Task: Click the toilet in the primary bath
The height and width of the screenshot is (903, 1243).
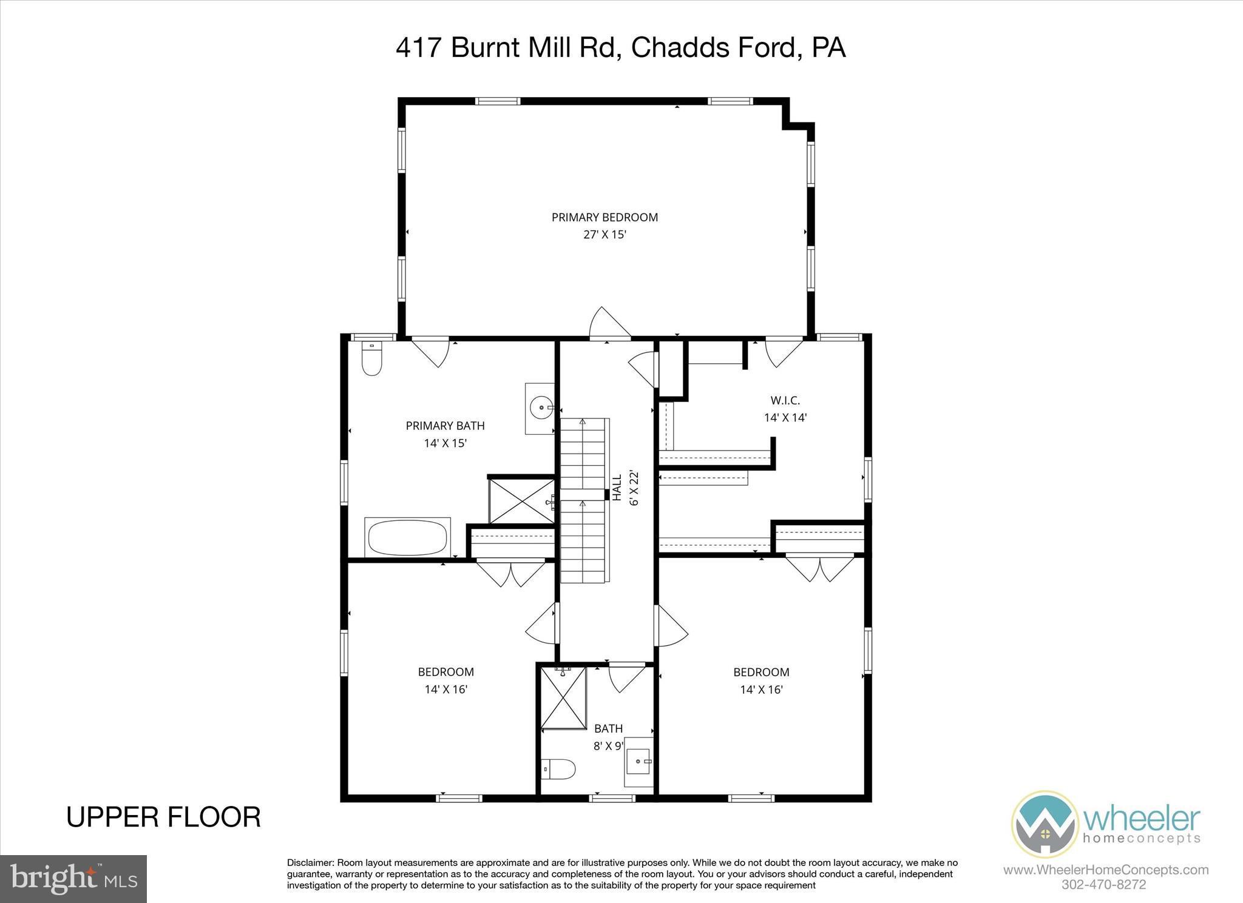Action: pyautogui.click(x=371, y=360)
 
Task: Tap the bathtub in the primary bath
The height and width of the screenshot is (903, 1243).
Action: pyautogui.click(x=407, y=537)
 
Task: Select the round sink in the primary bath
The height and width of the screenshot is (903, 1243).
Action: pyautogui.click(x=540, y=408)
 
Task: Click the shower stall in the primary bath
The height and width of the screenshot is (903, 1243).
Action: pyautogui.click(x=521, y=502)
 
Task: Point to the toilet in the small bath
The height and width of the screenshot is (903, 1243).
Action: pyautogui.click(x=558, y=770)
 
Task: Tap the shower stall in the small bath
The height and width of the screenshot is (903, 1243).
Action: pyautogui.click(x=563, y=697)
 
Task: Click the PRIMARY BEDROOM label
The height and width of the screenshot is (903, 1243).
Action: pyautogui.click(x=605, y=217)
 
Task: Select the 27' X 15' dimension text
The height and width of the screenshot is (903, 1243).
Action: pyautogui.click(x=605, y=235)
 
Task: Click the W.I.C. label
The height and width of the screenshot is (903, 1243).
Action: pyautogui.click(x=785, y=400)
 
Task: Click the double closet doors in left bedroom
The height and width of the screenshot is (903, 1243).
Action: pyautogui.click(x=511, y=573)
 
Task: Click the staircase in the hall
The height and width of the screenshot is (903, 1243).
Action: pyautogui.click(x=583, y=500)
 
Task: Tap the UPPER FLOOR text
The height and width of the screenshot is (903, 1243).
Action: pyautogui.click(x=163, y=817)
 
